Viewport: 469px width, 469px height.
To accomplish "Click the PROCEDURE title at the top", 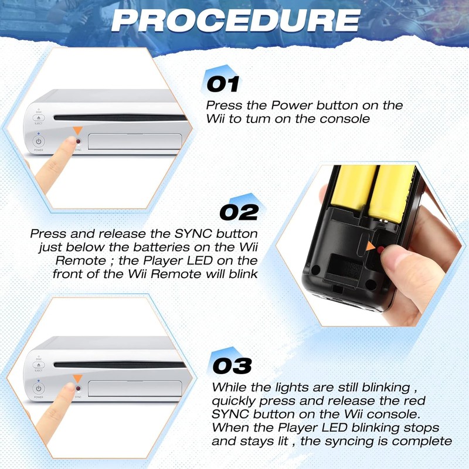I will [235, 21].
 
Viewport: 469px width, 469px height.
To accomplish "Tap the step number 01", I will [223, 84].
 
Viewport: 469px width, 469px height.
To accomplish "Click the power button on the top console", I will [38, 141].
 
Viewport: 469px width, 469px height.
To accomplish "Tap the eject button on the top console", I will [38, 119].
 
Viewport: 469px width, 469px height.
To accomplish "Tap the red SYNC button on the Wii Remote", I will [381, 250].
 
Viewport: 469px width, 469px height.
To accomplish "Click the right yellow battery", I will [392, 191].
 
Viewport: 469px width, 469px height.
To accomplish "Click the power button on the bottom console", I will [38, 389].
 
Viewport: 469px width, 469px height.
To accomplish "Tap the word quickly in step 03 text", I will [234, 401].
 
